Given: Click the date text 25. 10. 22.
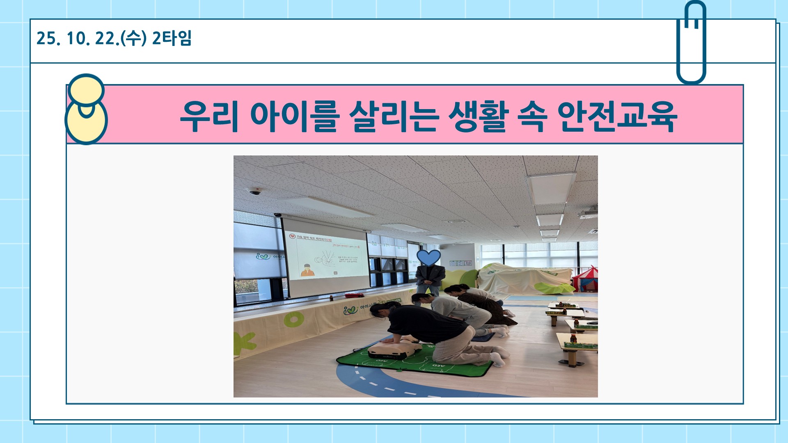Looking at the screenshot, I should click(78, 39).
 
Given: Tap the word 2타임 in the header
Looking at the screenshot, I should click(172, 38).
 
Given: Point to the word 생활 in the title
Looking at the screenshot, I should click(479, 116).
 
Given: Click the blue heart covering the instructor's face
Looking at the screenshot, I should click(428, 258).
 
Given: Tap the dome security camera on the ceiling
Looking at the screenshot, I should click(255, 192).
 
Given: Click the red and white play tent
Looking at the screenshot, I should click(586, 279).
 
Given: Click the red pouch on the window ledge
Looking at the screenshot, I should click(354, 295).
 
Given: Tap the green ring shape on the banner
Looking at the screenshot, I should click(294, 320).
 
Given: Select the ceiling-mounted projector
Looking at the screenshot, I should click(589, 213).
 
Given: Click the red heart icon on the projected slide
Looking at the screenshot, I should click(292, 237).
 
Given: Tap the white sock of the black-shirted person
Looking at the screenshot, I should click(498, 360).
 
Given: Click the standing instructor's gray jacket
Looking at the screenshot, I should click(430, 276).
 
